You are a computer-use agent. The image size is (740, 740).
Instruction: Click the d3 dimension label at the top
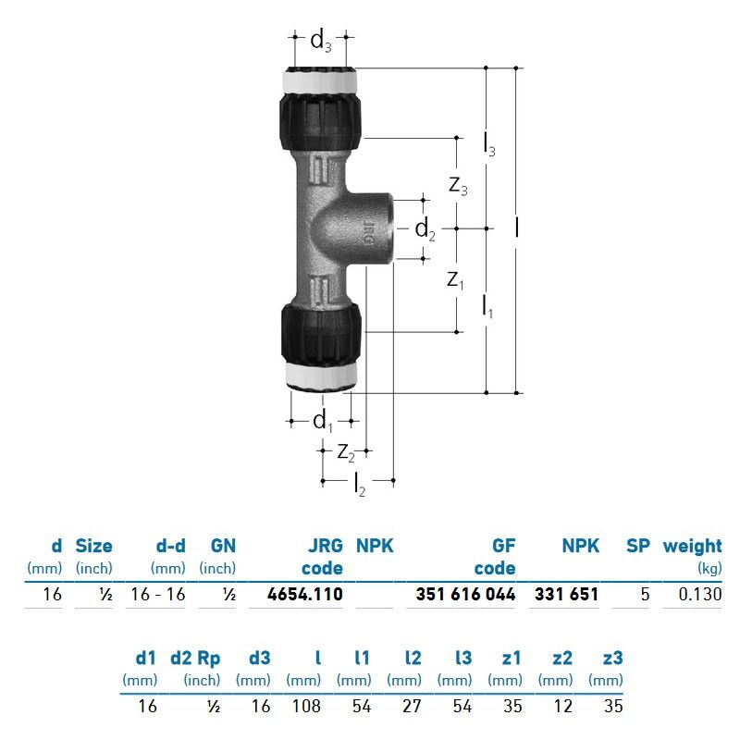(x=321, y=40)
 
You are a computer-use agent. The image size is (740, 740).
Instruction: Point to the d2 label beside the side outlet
(x=425, y=229)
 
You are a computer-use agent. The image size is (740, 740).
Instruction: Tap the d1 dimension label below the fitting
(x=323, y=421)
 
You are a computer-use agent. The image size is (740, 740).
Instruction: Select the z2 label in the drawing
(x=346, y=453)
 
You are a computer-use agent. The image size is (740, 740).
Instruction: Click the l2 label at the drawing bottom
(x=360, y=484)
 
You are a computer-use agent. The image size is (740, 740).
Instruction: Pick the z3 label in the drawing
(x=458, y=185)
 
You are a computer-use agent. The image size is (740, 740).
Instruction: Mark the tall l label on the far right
(x=517, y=227)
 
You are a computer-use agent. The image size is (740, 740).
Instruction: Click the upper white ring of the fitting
(x=320, y=80)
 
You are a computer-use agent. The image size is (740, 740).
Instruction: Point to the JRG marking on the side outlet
(x=368, y=233)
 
